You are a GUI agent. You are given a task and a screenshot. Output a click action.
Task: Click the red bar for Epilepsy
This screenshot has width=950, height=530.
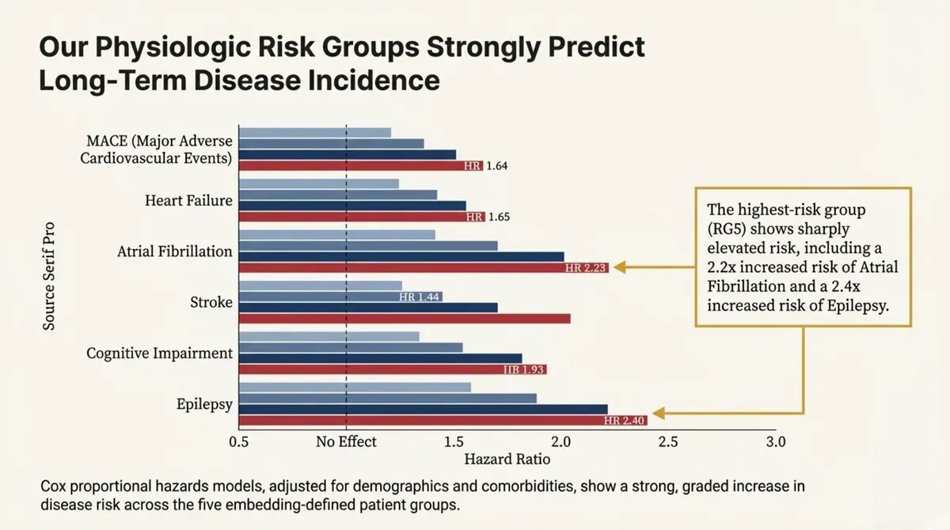click(443, 420)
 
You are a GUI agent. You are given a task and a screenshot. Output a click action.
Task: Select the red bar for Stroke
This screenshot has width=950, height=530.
click(404, 318)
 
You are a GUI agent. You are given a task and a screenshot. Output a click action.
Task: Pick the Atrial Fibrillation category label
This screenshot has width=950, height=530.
click(174, 252)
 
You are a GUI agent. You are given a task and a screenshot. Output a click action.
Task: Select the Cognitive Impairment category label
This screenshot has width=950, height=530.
click(159, 353)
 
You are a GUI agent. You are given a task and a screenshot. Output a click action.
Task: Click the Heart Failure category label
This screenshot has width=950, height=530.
click(188, 200)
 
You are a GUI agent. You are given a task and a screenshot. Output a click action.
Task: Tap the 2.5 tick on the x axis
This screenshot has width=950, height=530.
click(668, 441)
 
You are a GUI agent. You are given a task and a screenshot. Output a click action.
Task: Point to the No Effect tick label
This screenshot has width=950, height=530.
click(346, 441)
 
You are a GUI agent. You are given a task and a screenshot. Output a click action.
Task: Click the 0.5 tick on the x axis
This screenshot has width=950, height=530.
click(239, 441)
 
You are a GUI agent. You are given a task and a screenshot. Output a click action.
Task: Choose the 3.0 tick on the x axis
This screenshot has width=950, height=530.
click(775, 441)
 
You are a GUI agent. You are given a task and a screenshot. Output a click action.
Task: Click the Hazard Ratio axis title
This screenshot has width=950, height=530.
click(507, 459)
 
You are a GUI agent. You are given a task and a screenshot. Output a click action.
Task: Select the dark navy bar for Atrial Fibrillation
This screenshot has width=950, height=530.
click(401, 256)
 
